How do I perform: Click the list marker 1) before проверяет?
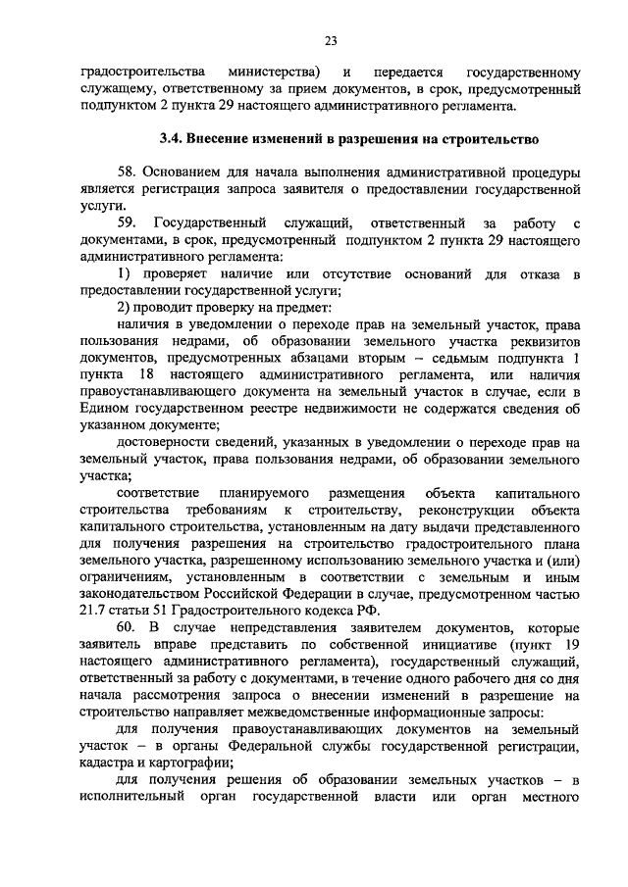click(x=124, y=272)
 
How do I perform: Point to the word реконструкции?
click(x=453, y=509)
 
